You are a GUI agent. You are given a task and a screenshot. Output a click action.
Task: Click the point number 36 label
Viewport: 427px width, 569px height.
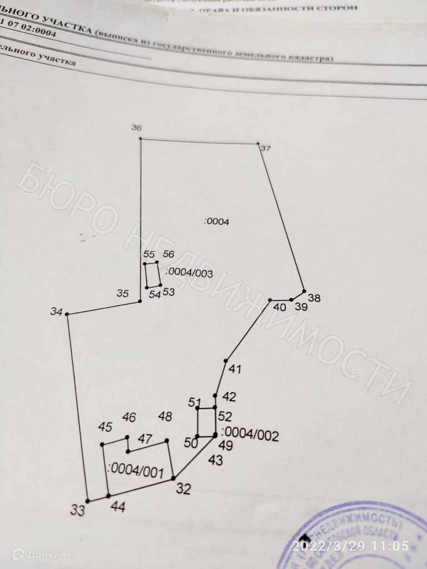coord(136,128)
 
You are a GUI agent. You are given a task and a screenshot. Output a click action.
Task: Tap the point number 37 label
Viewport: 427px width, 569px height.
coord(266,148)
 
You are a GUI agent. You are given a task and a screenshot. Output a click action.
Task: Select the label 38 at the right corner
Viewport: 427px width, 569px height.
coord(314,298)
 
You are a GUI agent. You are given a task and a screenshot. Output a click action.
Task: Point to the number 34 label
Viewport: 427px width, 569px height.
coord(56,312)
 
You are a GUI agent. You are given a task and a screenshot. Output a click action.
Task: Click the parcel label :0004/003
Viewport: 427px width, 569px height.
coord(190,272)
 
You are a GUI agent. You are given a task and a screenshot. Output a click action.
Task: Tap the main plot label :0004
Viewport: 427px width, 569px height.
coord(217,221)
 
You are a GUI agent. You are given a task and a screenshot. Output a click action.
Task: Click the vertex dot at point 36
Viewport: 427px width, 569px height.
coord(140,138)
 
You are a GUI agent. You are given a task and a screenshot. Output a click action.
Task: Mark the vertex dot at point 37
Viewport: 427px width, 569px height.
coord(258,144)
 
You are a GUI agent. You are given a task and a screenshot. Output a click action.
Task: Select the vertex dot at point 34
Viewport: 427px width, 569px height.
coord(67,315)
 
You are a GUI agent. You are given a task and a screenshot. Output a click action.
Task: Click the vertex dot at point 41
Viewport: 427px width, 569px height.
coord(225,361)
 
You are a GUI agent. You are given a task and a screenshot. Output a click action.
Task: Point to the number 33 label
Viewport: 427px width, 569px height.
coord(78,510)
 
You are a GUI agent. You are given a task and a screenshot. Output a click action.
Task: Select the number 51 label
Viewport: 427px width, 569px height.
coord(195,402)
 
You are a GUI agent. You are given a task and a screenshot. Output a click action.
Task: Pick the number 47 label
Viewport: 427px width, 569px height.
coord(145,439)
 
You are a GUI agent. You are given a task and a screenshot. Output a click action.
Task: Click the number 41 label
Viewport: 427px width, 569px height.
coord(235,369)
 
